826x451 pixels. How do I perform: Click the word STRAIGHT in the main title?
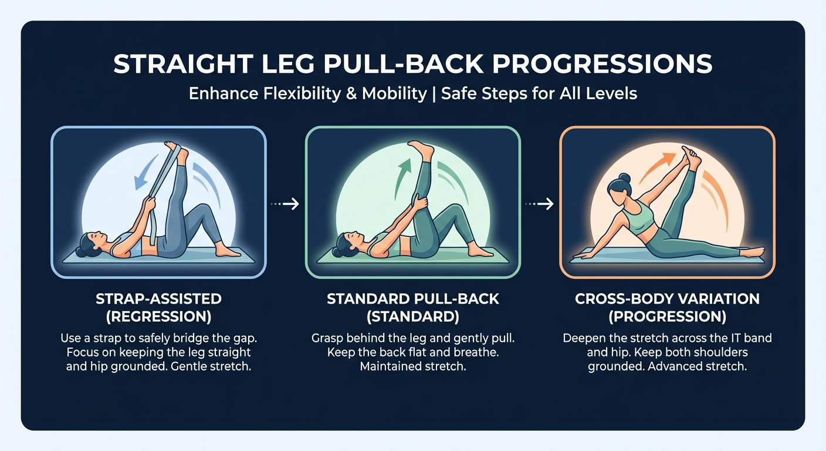pyautogui.click(x=183, y=64)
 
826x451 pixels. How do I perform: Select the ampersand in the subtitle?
pyautogui.click(x=351, y=93)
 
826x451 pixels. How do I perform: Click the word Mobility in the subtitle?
pyautogui.click(x=394, y=93)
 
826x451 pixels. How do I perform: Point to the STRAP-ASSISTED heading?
pyautogui.click(x=158, y=298)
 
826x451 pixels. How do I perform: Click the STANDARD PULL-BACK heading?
pyautogui.click(x=413, y=298)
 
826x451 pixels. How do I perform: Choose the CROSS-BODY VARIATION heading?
pyautogui.click(x=668, y=298)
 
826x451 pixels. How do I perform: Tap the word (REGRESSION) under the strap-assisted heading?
pyautogui.click(x=158, y=317)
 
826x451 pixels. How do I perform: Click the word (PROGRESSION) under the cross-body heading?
pyautogui.click(x=668, y=317)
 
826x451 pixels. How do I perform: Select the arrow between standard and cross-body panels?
pyautogui.click(x=540, y=204)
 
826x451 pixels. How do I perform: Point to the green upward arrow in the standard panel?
pyautogui.click(x=402, y=179)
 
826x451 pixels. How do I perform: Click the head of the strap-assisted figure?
pyautogui.click(x=90, y=244)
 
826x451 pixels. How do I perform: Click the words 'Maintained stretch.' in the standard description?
pyautogui.click(x=413, y=366)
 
